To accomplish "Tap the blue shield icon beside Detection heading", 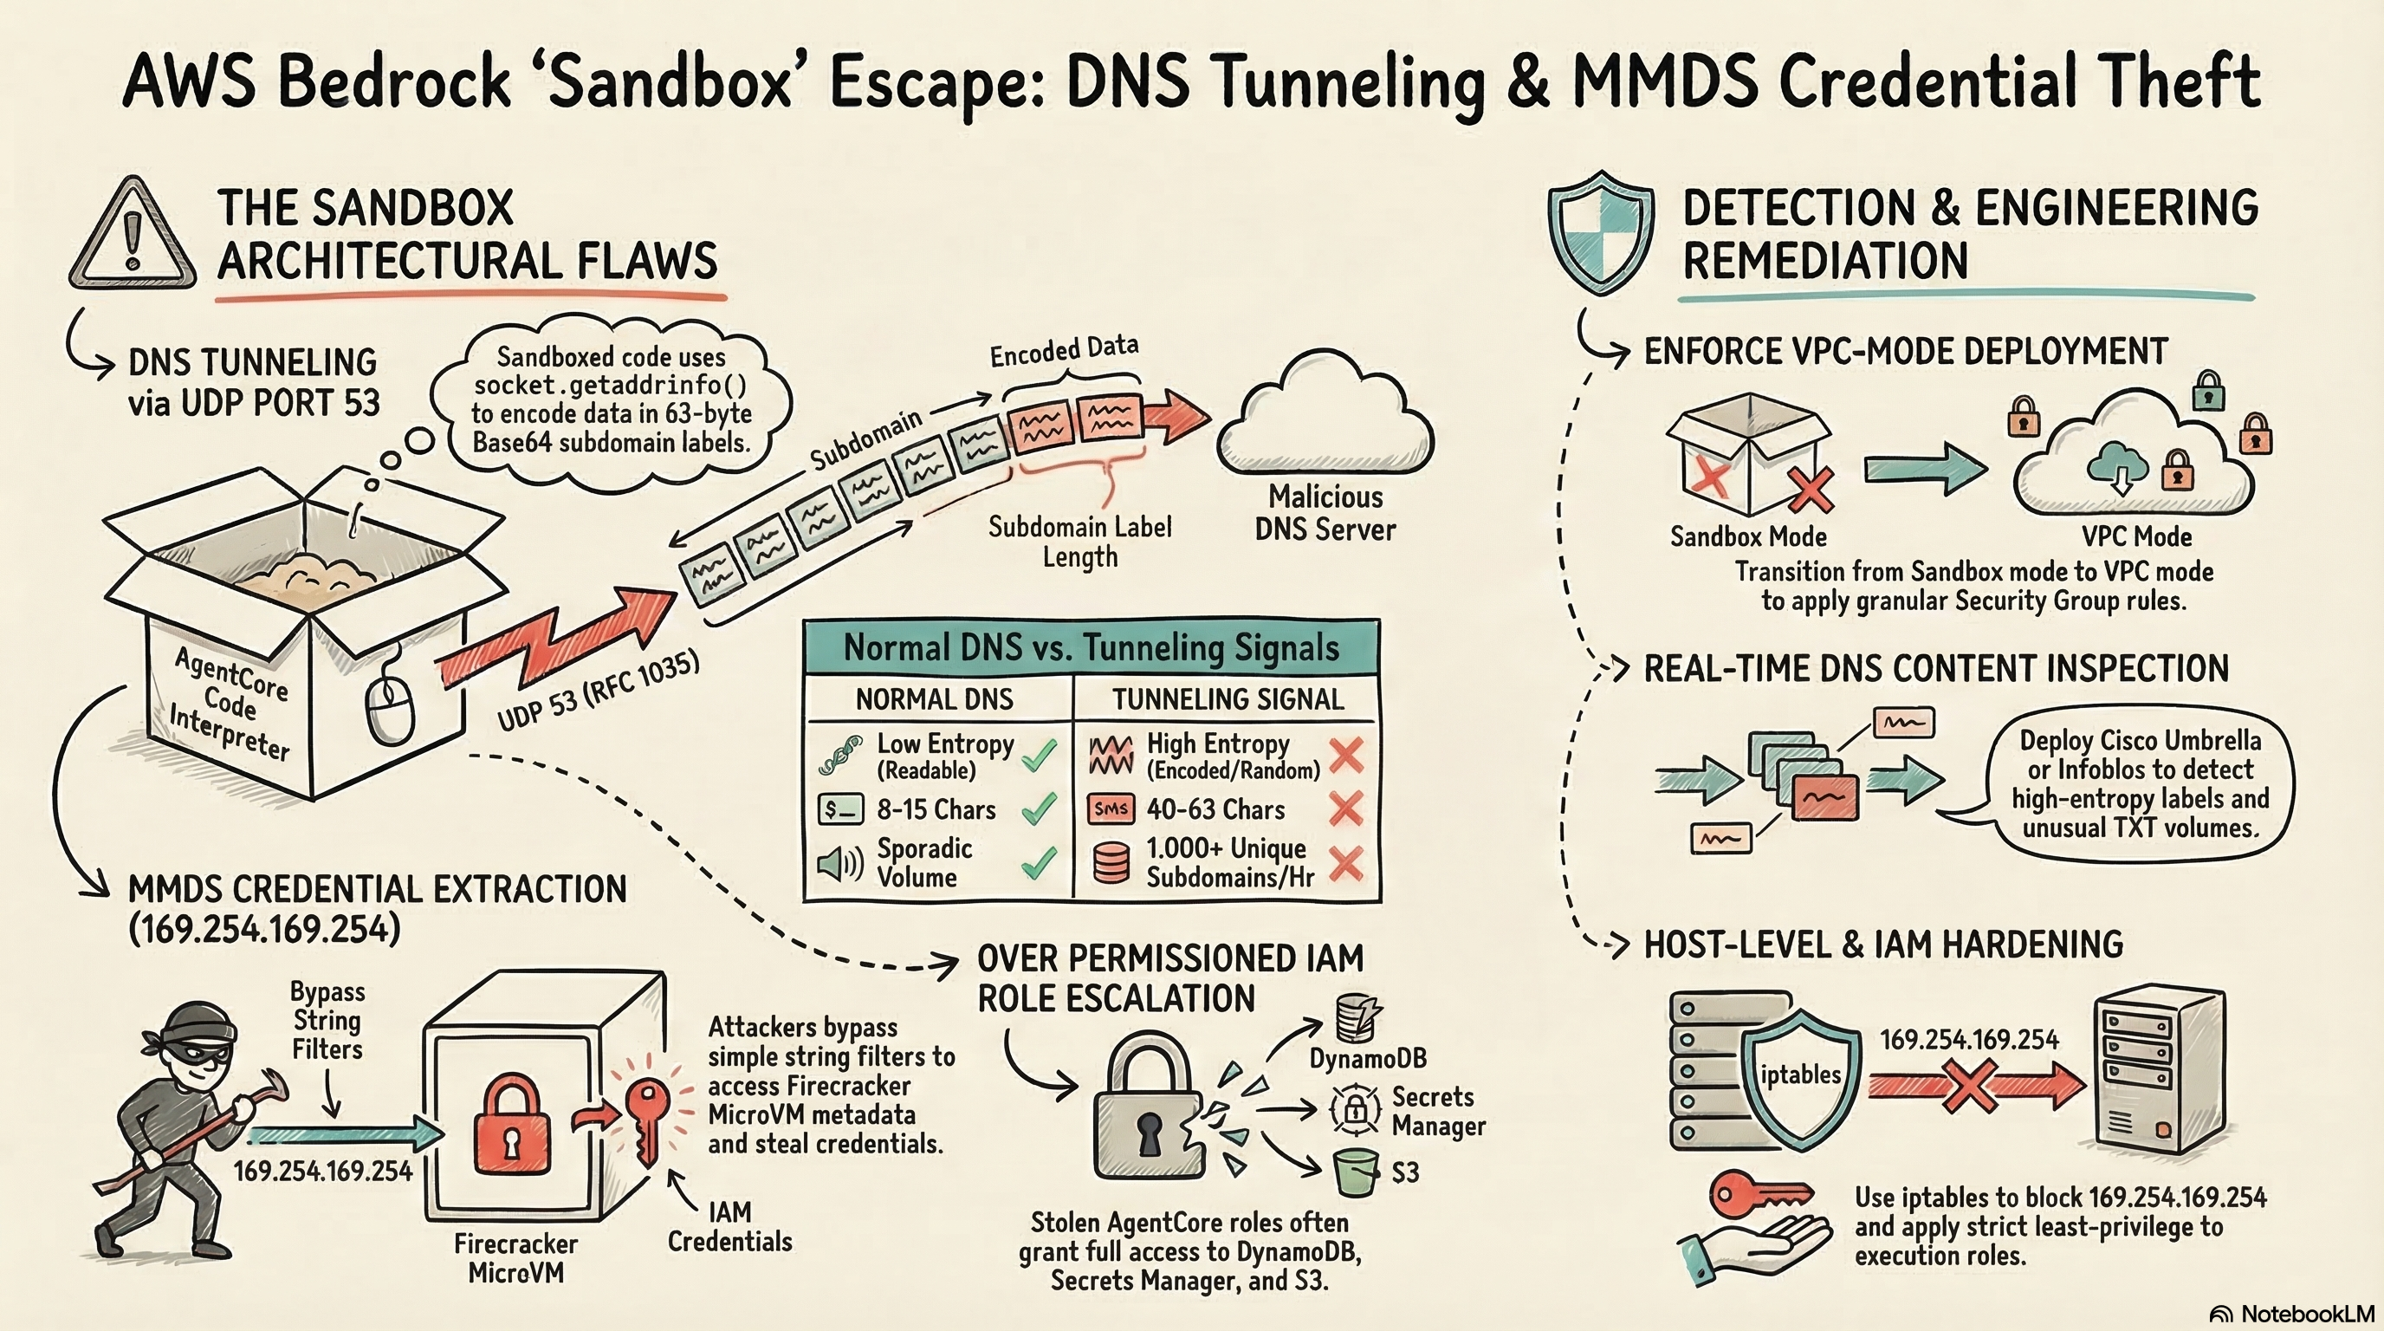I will point(1600,232).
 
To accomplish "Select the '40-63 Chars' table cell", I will point(1215,810).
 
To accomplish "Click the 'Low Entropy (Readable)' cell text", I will point(944,756).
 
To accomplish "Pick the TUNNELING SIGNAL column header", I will point(1228,698).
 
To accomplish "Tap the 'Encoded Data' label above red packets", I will point(1064,350).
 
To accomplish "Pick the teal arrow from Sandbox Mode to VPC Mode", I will point(1924,468).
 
